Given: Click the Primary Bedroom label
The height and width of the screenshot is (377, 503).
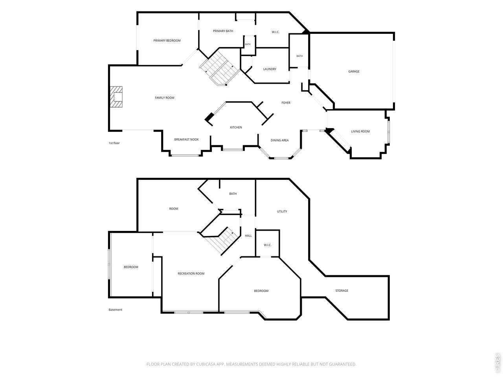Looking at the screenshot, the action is tap(167, 40).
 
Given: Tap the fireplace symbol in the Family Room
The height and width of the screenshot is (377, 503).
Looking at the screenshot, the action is tap(116, 97).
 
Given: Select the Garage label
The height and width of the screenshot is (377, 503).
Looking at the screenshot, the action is tap(354, 71).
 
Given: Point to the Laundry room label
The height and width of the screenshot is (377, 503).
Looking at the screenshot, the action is tap(270, 69).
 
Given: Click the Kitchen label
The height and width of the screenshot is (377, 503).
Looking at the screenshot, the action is tap(236, 127).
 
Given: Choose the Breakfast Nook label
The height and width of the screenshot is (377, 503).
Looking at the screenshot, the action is tap(186, 139).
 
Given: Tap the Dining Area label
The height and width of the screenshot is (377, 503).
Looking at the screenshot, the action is tap(279, 140).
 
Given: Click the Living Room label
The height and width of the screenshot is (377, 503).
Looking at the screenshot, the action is tap(360, 132).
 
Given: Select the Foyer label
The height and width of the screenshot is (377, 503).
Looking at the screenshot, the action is tap(286, 103).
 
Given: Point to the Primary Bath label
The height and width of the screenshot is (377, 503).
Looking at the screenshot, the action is tap(223, 31).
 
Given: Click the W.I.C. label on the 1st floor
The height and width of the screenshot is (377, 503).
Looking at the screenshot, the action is tap(275, 32).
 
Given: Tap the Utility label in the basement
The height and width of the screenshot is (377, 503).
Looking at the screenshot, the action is tap(282, 212).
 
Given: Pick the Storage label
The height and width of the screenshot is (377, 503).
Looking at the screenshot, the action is tap(341, 291).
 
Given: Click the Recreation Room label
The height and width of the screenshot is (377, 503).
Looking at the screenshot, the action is tap(191, 274).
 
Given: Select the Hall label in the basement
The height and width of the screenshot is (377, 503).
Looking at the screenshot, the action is tap(248, 236).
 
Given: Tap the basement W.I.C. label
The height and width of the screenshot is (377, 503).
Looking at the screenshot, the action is tap(268, 245).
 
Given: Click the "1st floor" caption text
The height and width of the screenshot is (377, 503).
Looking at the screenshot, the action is tap(114, 143).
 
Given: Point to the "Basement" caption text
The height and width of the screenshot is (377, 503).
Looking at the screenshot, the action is tap(115, 310).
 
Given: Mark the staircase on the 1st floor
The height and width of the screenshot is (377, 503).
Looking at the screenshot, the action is tap(220, 68).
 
